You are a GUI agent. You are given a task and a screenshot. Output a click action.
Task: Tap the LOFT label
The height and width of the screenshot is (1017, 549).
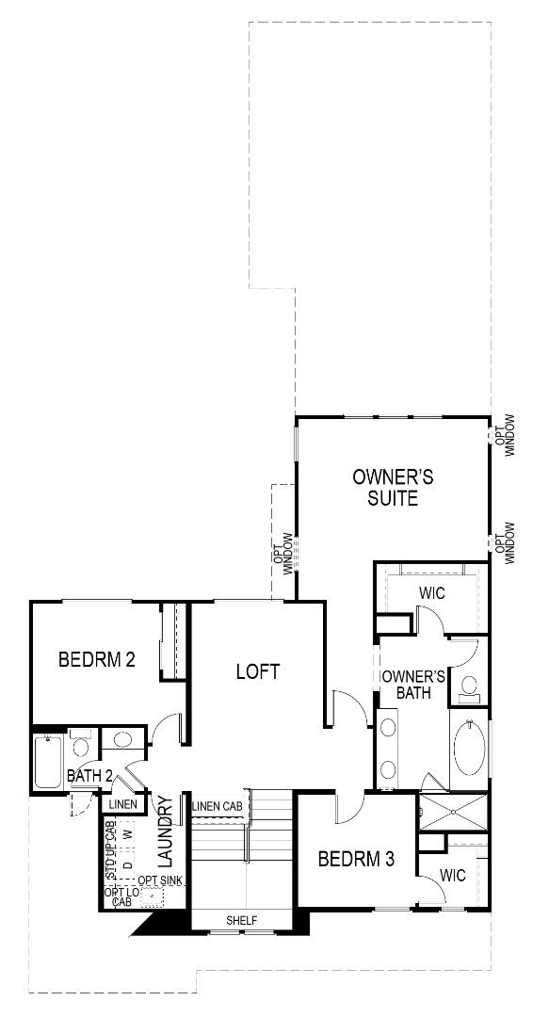click(x=258, y=671)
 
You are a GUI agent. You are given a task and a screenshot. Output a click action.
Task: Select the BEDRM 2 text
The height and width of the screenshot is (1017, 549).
click(x=97, y=659)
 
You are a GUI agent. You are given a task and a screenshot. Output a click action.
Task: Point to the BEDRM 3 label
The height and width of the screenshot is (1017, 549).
click(x=355, y=859)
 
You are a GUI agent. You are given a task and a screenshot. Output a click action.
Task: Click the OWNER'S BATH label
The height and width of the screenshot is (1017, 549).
click(x=412, y=685)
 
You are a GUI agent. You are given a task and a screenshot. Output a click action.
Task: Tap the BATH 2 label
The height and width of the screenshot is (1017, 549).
click(x=90, y=776)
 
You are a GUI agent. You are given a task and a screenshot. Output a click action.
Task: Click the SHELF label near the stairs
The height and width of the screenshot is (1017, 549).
click(x=241, y=920)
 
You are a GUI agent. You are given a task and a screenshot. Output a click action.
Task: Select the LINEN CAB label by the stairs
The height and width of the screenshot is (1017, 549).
click(x=218, y=806)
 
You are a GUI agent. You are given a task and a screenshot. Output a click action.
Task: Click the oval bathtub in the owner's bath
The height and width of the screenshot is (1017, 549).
click(x=469, y=749)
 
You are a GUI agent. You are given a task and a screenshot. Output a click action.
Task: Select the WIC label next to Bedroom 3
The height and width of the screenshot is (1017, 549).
click(x=453, y=875)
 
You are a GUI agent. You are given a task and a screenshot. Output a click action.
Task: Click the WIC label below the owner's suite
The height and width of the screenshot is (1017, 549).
click(x=431, y=593)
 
